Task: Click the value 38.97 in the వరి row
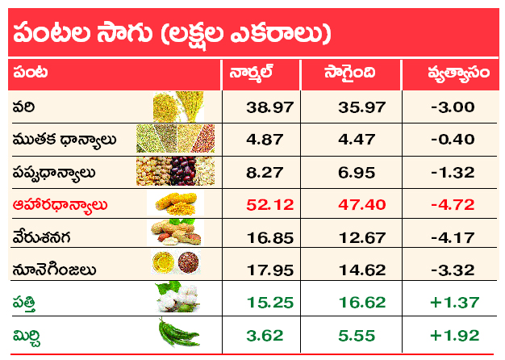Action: pyautogui.click(x=270, y=107)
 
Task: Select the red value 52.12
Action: pyautogui.click(x=270, y=205)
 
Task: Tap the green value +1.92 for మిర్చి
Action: pyautogui.click(x=455, y=335)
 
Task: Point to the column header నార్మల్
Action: pyautogui.click(x=251, y=73)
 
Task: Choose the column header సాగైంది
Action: pyautogui.click(x=350, y=73)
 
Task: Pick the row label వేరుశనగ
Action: pyautogui.click(x=41, y=237)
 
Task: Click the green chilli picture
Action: pyautogui.click(x=179, y=333)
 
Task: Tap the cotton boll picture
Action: pyautogui.click(x=177, y=297)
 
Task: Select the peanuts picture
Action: pyautogui.click(x=176, y=232)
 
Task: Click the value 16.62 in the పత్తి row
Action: pyautogui.click(x=362, y=303)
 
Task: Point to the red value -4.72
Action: pyautogui.click(x=453, y=205)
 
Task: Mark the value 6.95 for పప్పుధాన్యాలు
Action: pyautogui.click(x=357, y=173)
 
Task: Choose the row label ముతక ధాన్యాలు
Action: pyautogui.click(x=64, y=140)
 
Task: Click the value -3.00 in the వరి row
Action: pyautogui.click(x=453, y=107)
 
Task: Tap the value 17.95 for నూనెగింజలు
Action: pyautogui.click(x=270, y=270)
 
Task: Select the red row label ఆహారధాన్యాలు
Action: pyautogui.click(x=60, y=205)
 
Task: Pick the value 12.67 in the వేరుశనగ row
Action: pyautogui.click(x=362, y=238)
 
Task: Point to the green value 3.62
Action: pyautogui.click(x=265, y=335)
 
